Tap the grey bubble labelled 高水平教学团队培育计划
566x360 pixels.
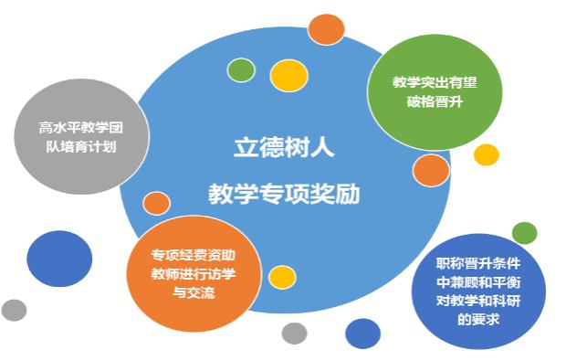[68, 137]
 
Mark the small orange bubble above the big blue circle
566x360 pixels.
[326, 29]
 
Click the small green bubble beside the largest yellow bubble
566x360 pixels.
[241, 69]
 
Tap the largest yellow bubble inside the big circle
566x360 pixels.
[287, 76]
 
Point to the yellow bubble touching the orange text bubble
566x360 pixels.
[282, 276]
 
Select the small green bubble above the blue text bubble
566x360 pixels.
[525, 232]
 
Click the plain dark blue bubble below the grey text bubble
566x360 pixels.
[59, 258]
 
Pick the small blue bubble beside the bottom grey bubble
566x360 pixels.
[362, 334]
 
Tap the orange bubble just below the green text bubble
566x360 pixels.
[431, 170]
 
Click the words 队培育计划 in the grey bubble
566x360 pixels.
[68, 146]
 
